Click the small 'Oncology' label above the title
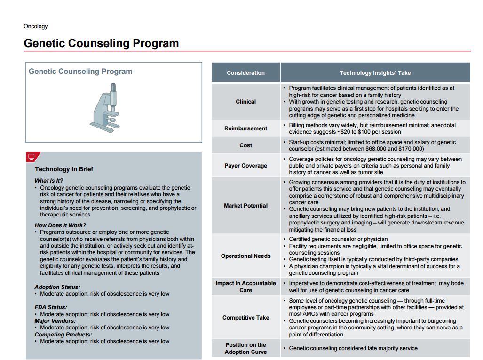[36, 26]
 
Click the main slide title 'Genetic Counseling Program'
[101, 43]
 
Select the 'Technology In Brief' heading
[64, 169]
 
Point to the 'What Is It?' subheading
[48, 181]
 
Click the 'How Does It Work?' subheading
[60, 225]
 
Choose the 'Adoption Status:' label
[57, 287]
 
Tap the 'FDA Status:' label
[51, 307]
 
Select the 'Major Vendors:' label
[55, 321]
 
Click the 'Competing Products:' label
[63, 335]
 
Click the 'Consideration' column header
[245, 73]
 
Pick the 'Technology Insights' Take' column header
[375, 73]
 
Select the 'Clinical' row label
[245, 102]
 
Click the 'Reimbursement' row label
[245, 128]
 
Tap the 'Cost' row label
[245, 145]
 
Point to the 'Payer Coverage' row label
[245, 166]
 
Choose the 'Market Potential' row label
[245, 206]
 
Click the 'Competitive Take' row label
[245, 318]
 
